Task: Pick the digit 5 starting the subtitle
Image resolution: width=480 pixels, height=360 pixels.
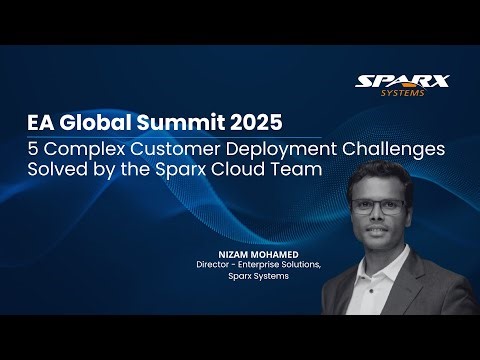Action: click(x=32, y=149)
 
